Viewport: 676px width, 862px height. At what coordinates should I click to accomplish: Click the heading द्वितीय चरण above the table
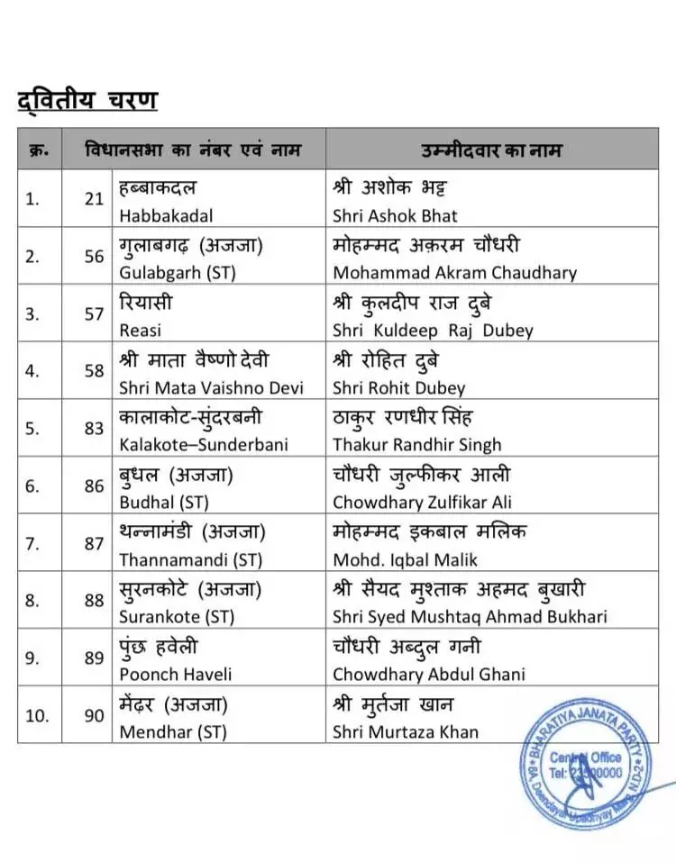click(x=87, y=100)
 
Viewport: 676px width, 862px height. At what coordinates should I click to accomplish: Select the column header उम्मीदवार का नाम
click(x=491, y=150)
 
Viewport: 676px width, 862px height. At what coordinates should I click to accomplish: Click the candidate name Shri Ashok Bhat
click(x=395, y=216)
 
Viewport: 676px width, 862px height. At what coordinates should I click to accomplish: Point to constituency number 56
click(x=95, y=256)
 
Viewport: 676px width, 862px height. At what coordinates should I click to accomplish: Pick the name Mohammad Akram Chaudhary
click(x=454, y=273)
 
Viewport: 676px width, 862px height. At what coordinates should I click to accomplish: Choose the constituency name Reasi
click(x=141, y=331)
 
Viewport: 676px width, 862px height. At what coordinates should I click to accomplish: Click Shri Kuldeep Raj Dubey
click(x=433, y=331)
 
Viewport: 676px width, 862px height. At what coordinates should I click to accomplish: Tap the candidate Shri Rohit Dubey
click(x=398, y=388)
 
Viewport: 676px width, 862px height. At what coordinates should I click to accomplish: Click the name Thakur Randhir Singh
click(x=416, y=445)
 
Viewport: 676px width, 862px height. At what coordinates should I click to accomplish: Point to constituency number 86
click(x=95, y=485)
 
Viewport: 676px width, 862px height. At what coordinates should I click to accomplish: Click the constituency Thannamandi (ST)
click(x=190, y=559)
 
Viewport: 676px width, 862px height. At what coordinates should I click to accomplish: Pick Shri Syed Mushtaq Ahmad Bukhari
click(x=470, y=617)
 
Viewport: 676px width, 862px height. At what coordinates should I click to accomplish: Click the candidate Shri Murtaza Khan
click(x=406, y=731)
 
